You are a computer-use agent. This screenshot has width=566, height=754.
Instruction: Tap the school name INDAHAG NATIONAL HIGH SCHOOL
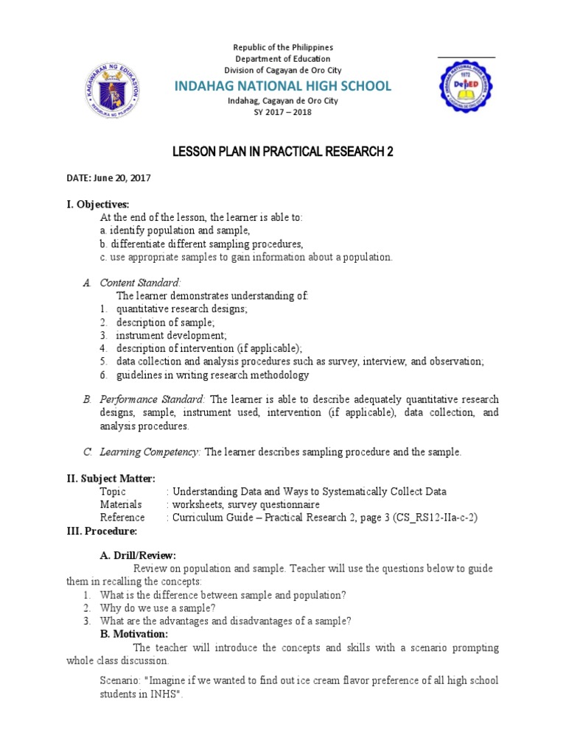pyautogui.click(x=282, y=86)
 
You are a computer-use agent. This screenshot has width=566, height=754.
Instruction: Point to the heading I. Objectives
pyautogui.click(x=98, y=204)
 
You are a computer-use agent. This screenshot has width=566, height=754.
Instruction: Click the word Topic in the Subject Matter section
pyautogui.click(x=113, y=491)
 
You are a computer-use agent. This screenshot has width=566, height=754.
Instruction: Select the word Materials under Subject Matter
pyautogui.click(x=120, y=504)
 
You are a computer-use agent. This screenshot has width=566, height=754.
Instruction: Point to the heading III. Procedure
pyautogui.click(x=102, y=531)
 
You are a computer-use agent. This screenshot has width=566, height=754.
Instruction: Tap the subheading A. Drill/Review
pyautogui.click(x=138, y=555)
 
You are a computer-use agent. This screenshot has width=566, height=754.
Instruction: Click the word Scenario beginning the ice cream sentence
pyautogui.click(x=120, y=680)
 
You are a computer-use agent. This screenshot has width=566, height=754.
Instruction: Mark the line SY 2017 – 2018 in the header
pyautogui.click(x=283, y=112)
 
